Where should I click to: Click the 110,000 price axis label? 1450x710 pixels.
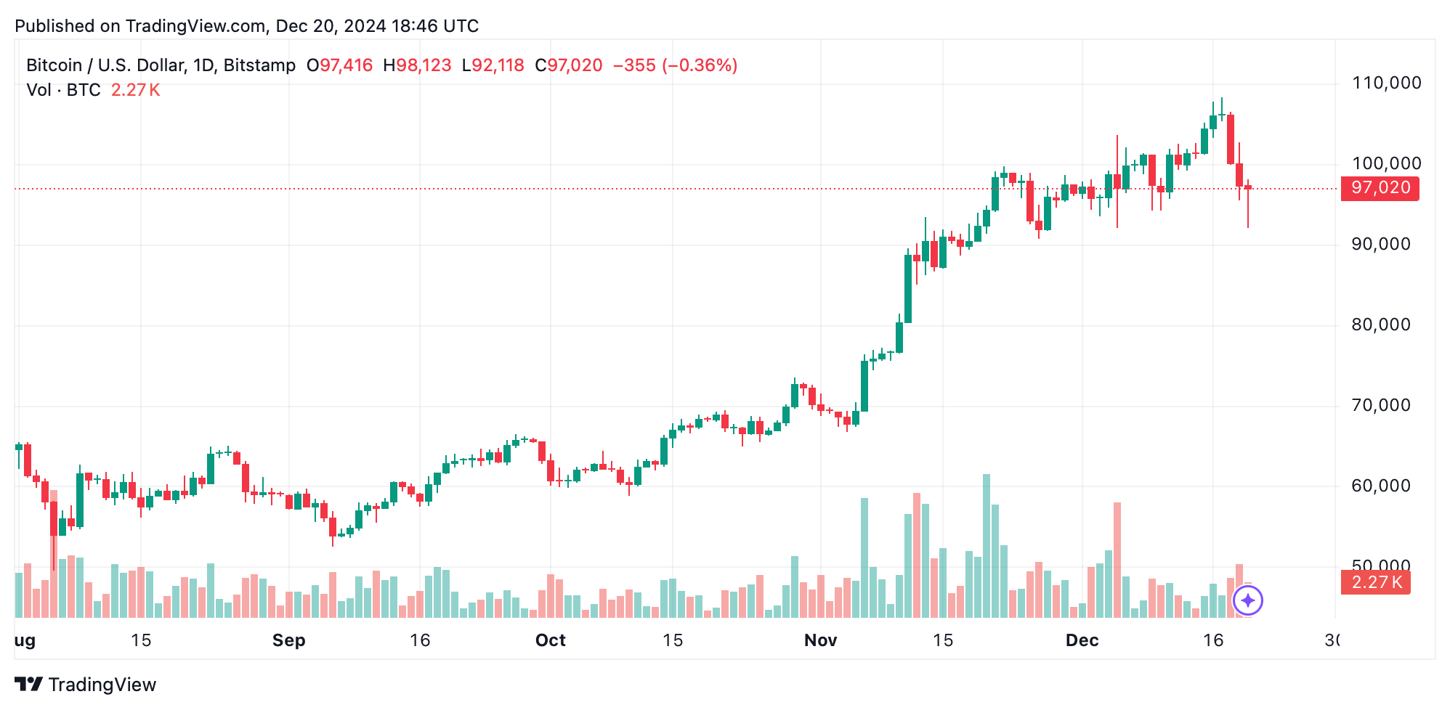point(1386,83)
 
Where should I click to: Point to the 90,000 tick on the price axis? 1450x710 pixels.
point(1380,244)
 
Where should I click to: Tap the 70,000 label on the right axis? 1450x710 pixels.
point(1380,405)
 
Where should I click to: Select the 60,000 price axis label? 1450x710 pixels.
point(1380,486)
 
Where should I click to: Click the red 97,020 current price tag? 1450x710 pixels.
point(1380,188)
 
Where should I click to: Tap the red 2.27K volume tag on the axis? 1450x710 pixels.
point(1375,582)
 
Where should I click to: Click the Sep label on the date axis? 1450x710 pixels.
point(288,640)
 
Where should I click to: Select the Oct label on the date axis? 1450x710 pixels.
point(550,640)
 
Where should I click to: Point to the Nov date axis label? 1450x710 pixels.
point(820,640)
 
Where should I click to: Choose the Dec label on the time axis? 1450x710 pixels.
point(1082,640)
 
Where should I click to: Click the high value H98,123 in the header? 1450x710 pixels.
point(417,65)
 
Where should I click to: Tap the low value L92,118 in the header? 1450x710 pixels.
point(493,65)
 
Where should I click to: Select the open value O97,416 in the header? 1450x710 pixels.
point(339,65)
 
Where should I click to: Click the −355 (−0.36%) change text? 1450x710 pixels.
point(675,65)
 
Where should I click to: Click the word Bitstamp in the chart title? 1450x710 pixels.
point(259,65)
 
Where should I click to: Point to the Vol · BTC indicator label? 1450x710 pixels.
point(63,90)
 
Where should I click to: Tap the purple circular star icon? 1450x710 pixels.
point(1248,600)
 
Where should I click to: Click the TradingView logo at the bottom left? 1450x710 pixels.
point(85,685)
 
